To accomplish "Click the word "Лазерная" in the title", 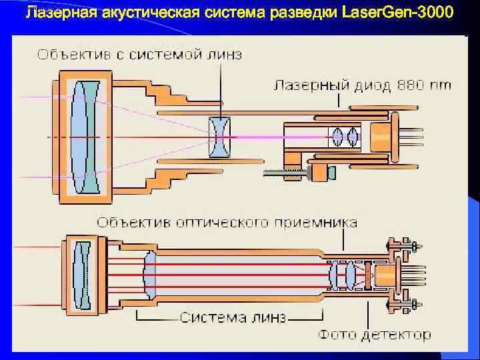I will [x=58, y=13].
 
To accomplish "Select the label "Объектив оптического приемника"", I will [x=227, y=222].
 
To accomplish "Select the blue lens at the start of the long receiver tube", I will [x=149, y=274].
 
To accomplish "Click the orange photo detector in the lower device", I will [x=385, y=274].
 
